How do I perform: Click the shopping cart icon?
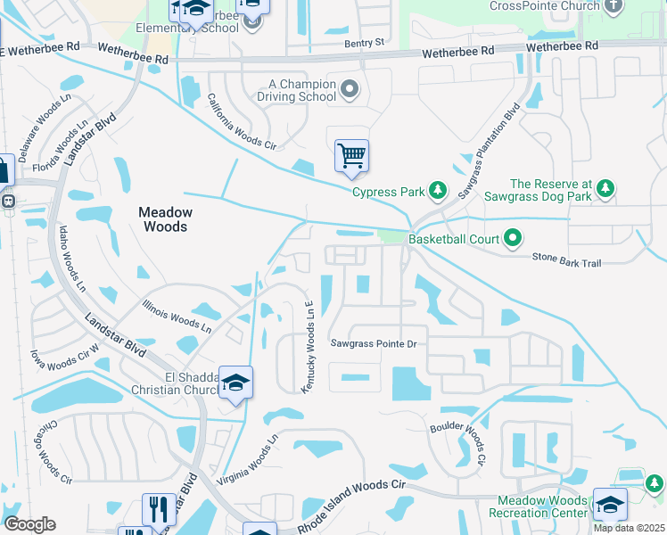pos(352,155)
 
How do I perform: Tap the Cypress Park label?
pos(385,192)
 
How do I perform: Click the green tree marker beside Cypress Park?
pos(438,190)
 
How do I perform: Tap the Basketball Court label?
pos(453,239)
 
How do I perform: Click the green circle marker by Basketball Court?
pos(513,238)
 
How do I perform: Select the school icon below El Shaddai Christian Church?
pos(235,383)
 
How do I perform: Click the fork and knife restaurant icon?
pos(159,509)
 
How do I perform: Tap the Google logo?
pos(29,524)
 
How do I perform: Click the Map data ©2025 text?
pos(629,528)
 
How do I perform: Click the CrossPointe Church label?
pos(543,6)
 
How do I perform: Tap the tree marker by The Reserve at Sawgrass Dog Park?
pos(606,188)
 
